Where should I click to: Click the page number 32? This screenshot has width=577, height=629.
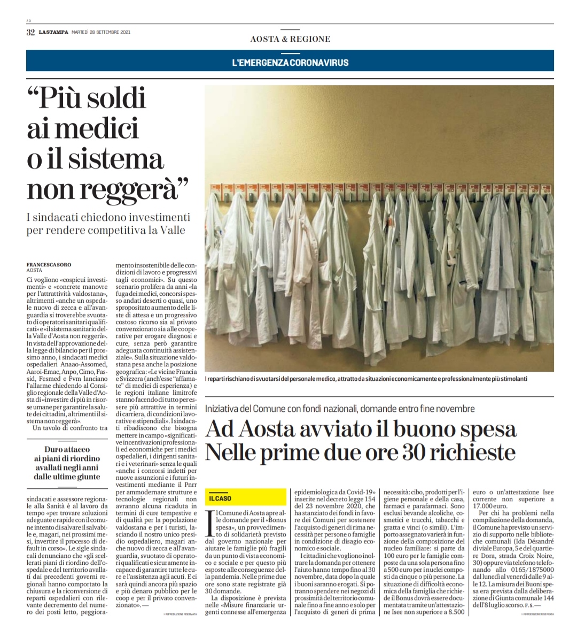pyautogui.click(x=30, y=32)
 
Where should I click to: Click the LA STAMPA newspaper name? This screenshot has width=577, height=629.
pyautogui.click(x=53, y=32)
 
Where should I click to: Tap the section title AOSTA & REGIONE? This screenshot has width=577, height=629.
pyautogui.click(x=290, y=39)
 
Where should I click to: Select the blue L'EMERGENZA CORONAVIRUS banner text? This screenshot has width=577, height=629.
pyautogui.click(x=290, y=63)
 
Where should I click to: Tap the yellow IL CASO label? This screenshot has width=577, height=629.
pyautogui.click(x=220, y=498)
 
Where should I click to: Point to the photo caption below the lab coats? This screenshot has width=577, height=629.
pyautogui.click(x=366, y=379)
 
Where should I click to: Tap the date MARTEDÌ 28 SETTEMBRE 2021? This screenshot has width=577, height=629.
pyautogui.click(x=101, y=32)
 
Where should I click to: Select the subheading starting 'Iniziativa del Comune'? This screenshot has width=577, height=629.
pyautogui.click(x=340, y=409)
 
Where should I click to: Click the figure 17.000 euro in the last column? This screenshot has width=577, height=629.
pyautogui.click(x=487, y=506)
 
